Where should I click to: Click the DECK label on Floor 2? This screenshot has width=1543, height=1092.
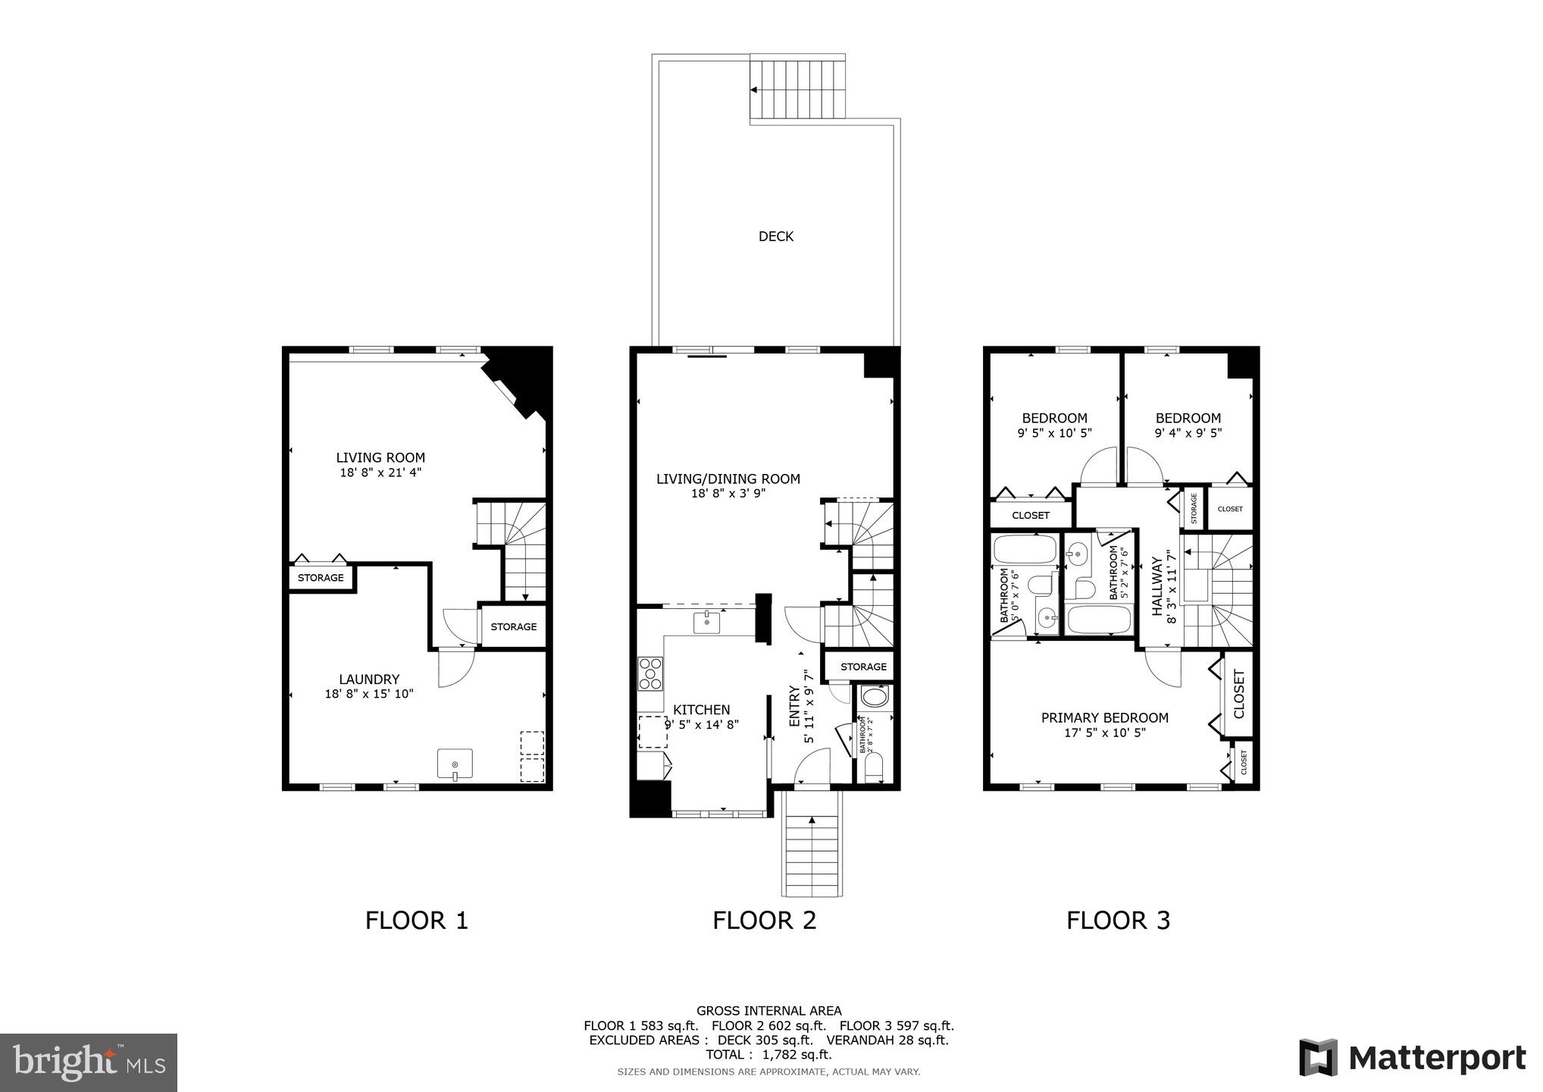[x=775, y=237]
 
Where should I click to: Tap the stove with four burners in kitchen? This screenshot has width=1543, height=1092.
[x=649, y=673]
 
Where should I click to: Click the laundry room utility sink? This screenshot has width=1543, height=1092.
[x=455, y=764]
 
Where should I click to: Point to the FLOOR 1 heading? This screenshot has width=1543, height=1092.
[x=417, y=921]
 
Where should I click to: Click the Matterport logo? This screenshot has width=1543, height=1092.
[x=1412, y=1058]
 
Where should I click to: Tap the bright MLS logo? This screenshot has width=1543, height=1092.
[x=89, y=1062]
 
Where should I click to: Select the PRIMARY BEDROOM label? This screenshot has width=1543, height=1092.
[x=1104, y=718]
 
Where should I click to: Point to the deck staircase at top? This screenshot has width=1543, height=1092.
[x=797, y=89]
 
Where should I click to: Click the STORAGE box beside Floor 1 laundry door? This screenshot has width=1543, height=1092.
[x=513, y=626]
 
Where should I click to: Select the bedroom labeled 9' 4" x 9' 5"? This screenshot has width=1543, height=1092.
[x=1188, y=425]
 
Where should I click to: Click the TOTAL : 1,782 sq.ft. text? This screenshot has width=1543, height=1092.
[x=768, y=1054]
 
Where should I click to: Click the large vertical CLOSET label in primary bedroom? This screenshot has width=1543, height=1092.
[x=1239, y=694]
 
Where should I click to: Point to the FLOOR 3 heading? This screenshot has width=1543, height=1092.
[x=1118, y=921]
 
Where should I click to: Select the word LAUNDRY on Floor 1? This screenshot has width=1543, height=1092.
[x=369, y=679]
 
